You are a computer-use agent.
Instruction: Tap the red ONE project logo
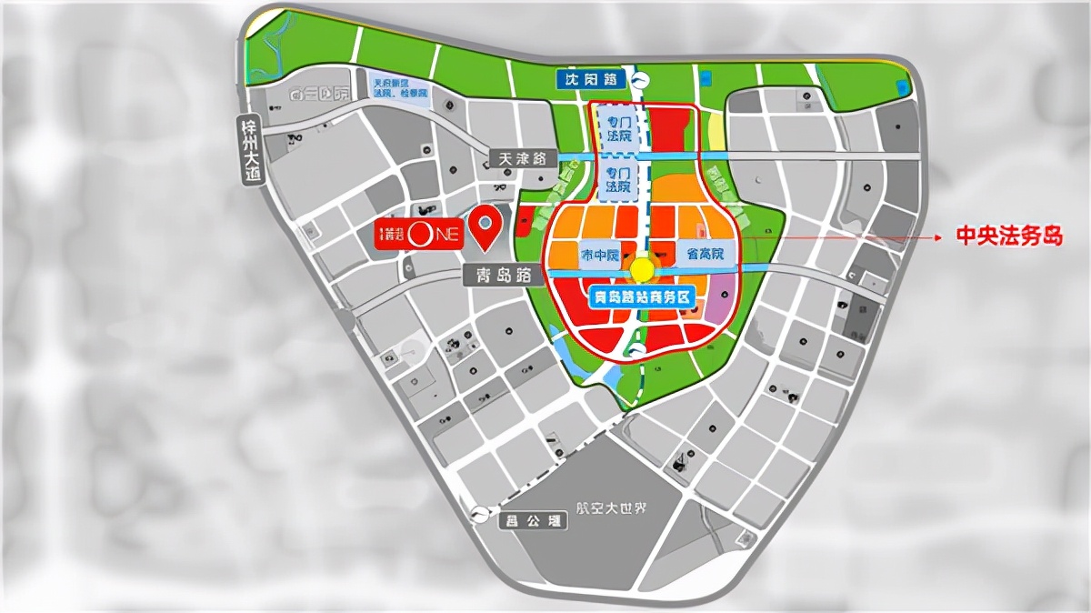pyautogui.click(x=421, y=234)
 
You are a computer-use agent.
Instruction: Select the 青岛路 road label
pyautogui.click(x=500, y=275)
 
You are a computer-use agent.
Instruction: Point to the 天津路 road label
pyautogui.click(x=522, y=158)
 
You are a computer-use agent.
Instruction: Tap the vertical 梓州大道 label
pyautogui.click(x=250, y=150)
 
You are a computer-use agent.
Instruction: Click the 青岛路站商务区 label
pyautogui.click(x=642, y=296)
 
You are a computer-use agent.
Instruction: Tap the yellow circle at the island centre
pyautogui.click(x=642, y=270)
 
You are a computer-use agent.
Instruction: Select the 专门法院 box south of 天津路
pyautogui.click(x=618, y=180)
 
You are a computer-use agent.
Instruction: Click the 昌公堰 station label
pyautogui.click(x=534, y=520)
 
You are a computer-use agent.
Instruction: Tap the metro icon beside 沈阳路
pyautogui.click(x=641, y=80)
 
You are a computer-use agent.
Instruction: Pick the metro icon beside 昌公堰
pyautogui.click(x=480, y=514)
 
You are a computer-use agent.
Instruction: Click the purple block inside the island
pyautogui.click(x=720, y=301)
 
